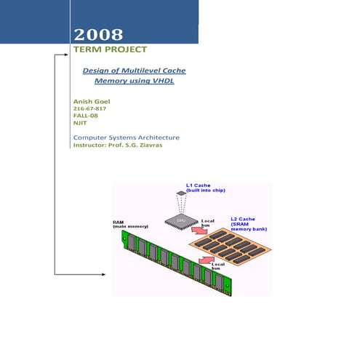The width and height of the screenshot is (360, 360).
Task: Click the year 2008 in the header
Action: point(97,34)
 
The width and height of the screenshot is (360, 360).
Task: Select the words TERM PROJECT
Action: point(110,49)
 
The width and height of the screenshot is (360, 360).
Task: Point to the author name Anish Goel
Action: point(93,100)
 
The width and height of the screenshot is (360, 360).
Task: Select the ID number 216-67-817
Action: point(91,108)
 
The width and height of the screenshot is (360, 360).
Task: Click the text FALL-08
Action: point(86,116)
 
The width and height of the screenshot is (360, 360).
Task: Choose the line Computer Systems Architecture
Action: point(127,137)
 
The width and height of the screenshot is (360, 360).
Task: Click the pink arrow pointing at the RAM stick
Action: point(207,260)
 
